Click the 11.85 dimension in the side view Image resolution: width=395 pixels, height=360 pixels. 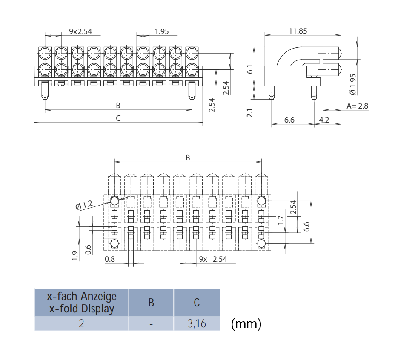(x=298, y=31)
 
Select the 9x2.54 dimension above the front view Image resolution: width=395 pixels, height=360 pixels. (x=80, y=31)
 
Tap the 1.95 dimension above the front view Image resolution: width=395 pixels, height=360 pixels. (x=162, y=31)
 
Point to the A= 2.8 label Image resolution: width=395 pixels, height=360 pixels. (x=358, y=106)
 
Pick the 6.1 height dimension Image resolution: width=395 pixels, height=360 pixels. (x=250, y=69)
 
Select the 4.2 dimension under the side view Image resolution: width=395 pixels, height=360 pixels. (x=324, y=120)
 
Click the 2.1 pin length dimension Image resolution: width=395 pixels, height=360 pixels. (x=250, y=113)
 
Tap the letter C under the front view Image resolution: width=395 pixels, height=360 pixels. (x=118, y=118)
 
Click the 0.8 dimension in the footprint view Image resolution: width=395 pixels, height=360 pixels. (x=110, y=259)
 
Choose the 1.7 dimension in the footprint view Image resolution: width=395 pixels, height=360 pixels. (x=280, y=220)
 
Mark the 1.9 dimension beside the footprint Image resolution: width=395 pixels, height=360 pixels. (x=75, y=256)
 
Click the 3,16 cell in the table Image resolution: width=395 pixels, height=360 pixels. (x=197, y=324)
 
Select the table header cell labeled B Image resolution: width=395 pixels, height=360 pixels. (x=151, y=303)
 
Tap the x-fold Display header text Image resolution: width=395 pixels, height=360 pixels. (x=82, y=309)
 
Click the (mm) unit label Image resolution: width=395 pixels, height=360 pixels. (x=246, y=324)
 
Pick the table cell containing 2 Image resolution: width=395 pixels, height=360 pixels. (x=81, y=324)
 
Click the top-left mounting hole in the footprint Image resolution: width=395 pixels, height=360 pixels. (x=114, y=201)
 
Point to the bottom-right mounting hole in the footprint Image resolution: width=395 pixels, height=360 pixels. (x=262, y=243)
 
